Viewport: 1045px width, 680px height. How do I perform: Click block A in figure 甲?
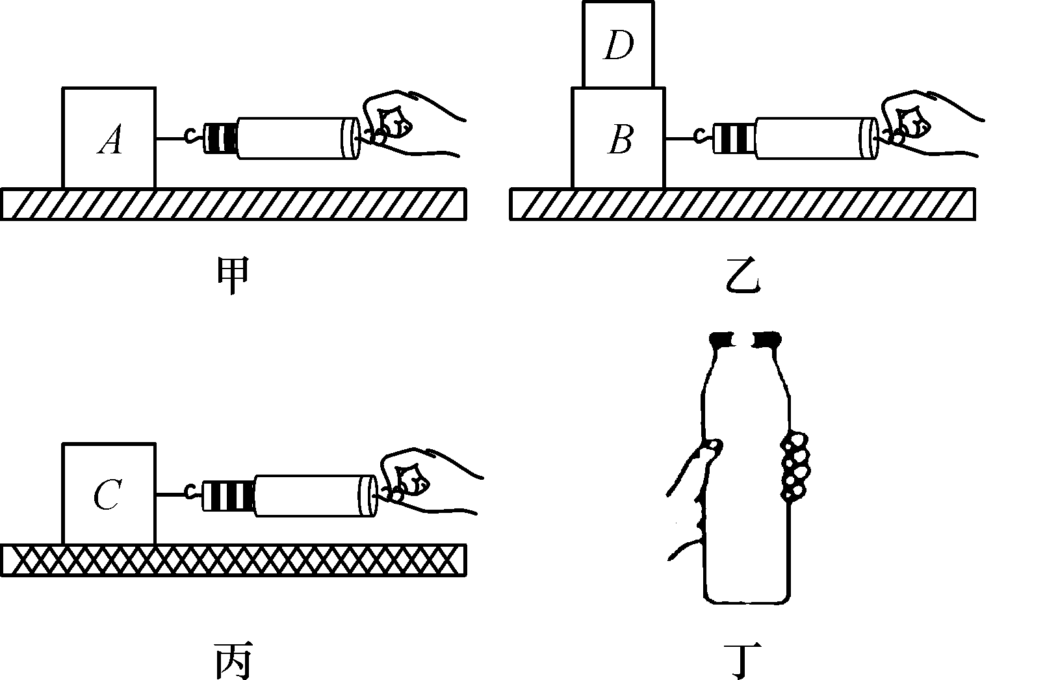click(109, 138)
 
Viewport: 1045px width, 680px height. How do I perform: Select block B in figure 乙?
click(618, 138)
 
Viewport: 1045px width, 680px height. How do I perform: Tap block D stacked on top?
click(617, 45)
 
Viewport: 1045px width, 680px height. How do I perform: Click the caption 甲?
click(232, 278)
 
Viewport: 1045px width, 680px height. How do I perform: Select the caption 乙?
click(742, 278)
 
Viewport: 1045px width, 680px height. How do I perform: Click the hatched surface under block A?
click(233, 204)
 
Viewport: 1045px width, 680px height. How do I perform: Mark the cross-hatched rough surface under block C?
click(233, 560)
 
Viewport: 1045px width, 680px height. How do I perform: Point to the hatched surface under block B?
click(742, 204)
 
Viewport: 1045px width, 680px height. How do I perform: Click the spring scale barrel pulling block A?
click(296, 138)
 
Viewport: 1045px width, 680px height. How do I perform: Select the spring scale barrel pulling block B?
click(812, 138)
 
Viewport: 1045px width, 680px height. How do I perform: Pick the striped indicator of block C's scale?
click(227, 496)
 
